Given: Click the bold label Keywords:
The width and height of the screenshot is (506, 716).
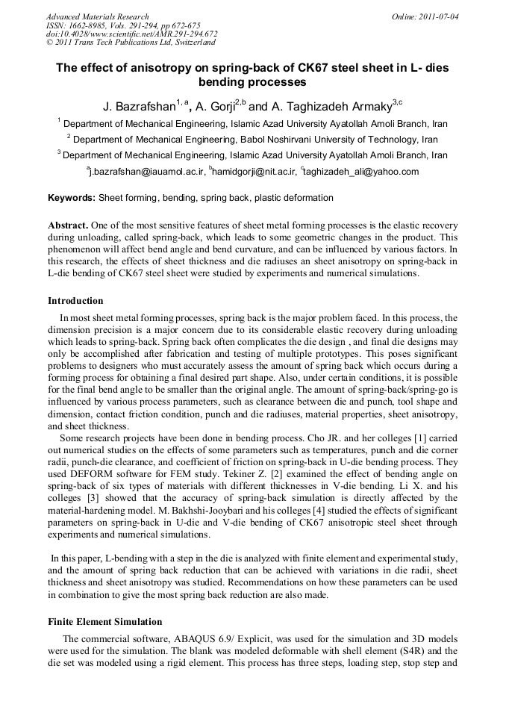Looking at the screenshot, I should (71, 199).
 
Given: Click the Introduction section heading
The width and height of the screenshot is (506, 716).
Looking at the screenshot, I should (75, 301).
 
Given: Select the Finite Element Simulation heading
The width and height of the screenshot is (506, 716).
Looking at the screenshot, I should (104, 621).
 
